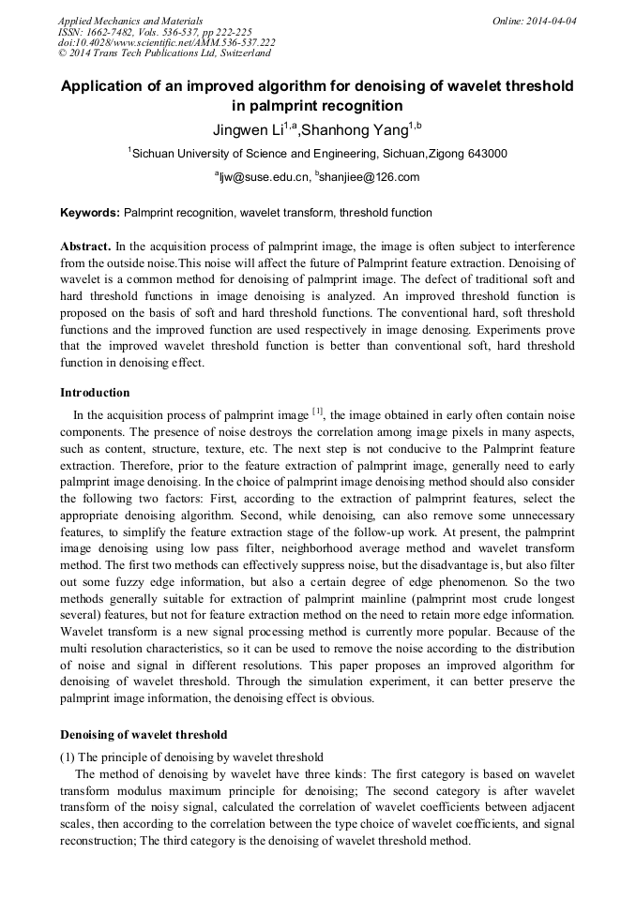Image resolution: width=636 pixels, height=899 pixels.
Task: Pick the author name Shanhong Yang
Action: click(x=357, y=129)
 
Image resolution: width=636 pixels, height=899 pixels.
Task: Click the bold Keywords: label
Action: click(x=90, y=213)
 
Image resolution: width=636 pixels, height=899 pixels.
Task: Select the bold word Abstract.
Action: click(x=85, y=244)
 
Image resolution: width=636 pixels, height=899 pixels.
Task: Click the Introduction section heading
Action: click(x=95, y=393)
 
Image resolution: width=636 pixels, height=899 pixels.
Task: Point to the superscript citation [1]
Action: click(x=317, y=411)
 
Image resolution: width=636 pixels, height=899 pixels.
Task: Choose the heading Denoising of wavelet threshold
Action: click(x=144, y=734)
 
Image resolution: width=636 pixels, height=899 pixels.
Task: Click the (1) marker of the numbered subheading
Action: click(x=68, y=757)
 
